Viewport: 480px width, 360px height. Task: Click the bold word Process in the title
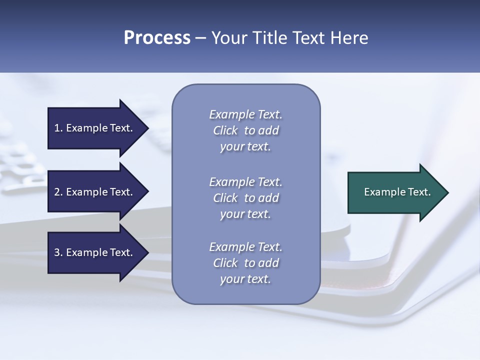(x=157, y=38)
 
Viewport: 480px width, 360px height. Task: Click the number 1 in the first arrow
(x=56, y=128)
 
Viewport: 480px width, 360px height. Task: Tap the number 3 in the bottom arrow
(x=57, y=253)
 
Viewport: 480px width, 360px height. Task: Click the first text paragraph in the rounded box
(x=245, y=130)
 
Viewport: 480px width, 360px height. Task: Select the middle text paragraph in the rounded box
(x=245, y=198)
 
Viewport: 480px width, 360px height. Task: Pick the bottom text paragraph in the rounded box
(x=245, y=263)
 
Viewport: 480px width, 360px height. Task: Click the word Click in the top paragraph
(x=225, y=131)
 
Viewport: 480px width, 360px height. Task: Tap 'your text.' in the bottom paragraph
(x=245, y=279)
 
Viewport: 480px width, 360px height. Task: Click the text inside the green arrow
(x=397, y=192)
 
